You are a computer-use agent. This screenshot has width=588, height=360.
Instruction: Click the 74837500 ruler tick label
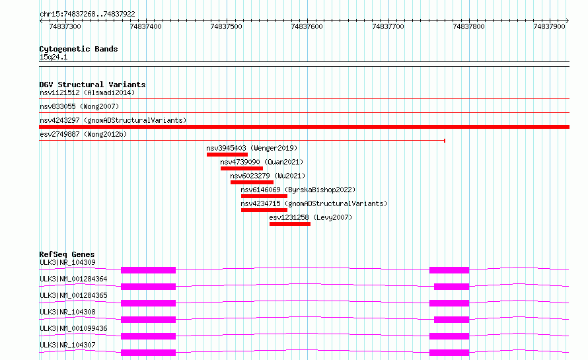click(226, 26)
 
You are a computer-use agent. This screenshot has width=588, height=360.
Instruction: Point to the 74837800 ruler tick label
click(468, 26)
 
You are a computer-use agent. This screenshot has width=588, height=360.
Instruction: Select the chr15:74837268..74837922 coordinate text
click(87, 15)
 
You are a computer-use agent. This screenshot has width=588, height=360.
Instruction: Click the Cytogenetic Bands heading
click(79, 49)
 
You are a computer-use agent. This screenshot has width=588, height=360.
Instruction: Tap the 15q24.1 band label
click(54, 57)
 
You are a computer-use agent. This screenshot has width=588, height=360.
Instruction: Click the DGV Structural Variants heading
click(92, 85)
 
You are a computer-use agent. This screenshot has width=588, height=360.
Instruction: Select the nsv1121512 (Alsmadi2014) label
click(87, 92)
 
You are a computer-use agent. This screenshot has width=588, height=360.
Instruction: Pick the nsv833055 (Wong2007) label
click(79, 106)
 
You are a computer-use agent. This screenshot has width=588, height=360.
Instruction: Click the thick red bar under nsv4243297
click(304, 127)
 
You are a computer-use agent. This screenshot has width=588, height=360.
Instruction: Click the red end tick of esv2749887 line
click(445, 141)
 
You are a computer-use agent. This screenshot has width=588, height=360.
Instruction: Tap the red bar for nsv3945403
click(227, 155)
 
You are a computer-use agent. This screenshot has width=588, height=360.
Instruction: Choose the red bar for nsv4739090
click(242, 168)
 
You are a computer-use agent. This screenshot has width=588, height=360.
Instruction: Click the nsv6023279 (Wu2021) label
click(268, 176)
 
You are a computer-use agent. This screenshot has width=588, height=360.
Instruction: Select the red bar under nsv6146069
click(264, 196)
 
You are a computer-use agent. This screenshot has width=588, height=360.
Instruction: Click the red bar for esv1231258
click(290, 224)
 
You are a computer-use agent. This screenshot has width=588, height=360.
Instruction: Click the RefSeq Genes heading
click(67, 254)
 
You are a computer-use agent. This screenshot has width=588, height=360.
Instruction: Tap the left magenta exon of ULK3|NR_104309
click(148, 270)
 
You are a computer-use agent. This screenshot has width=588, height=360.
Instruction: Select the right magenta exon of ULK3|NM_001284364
click(451, 287)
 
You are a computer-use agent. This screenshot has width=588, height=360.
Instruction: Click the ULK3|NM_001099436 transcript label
click(73, 328)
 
